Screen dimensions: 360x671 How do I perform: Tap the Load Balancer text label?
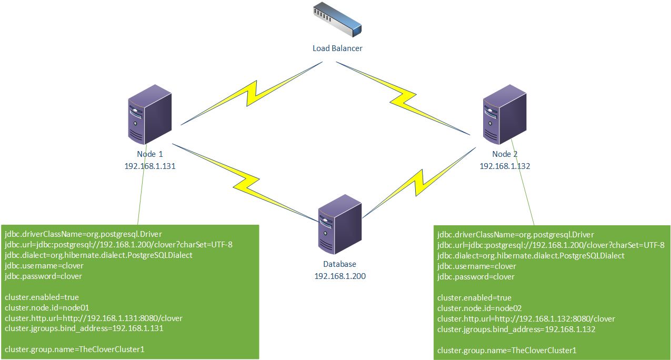click(x=337, y=48)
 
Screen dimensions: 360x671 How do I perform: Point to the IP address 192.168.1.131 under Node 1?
click(x=150, y=166)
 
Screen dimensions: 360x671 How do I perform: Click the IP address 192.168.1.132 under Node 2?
click(x=505, y=166)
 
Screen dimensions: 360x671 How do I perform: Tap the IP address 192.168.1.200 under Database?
click(x=340, y=275)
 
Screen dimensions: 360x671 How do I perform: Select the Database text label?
click(x=340, y=264)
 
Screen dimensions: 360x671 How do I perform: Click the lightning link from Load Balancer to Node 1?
click(x=252, y=94)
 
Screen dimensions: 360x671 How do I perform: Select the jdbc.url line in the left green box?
click(x=118, y=245)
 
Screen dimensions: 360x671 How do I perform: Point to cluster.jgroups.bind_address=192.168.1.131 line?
click(x=84, y=329)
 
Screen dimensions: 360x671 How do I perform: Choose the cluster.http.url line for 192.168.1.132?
click(x=526, y=319)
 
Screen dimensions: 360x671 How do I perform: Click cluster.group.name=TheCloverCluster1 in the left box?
click(x=75, y=350)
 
